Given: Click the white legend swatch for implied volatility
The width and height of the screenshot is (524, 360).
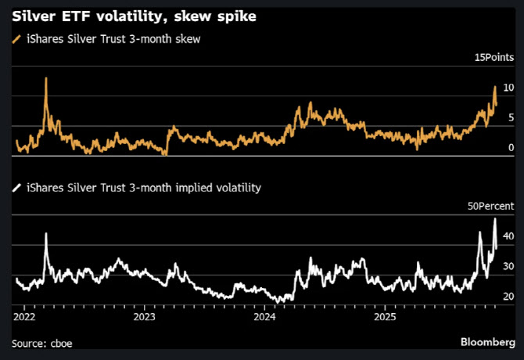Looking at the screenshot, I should [17, 188].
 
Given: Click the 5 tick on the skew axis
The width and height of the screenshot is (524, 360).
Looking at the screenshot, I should [510, 117].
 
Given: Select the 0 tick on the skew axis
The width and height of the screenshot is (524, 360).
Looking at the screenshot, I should [510, 147].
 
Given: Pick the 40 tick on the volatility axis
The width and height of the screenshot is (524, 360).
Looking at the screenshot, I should [508, 236].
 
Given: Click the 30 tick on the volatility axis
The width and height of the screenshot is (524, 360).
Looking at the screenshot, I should [508, 267].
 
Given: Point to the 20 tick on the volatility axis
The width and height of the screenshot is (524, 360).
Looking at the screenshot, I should [508, 297].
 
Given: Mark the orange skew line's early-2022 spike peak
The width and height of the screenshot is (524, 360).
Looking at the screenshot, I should [46, 78].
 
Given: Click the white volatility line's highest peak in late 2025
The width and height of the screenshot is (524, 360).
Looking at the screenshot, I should [495, 219].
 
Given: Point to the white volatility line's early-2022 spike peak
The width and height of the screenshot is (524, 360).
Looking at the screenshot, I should [46, 233].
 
